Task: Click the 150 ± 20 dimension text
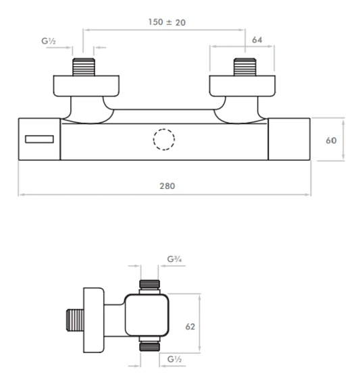[x=167, y=22]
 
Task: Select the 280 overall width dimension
[x=165, y=186]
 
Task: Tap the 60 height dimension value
[x=331, y=141]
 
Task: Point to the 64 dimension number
[x=257, y=40]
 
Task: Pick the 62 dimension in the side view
[x=190, y=327]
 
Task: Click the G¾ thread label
[x=174, y=258]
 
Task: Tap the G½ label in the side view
[x=174, y=360]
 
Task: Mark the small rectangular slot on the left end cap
[x=39, y=140]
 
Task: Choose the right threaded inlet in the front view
[x=244, y=68]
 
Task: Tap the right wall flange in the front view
[x=244, y=86]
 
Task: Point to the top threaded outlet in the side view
[x=149, y=285]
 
